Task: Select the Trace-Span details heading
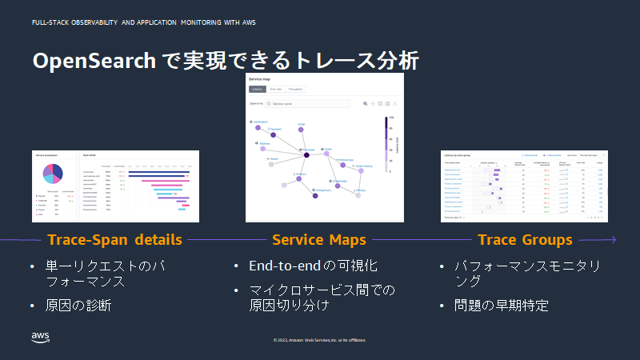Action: [x=114, y=239]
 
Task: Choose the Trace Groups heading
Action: [x=525, y=239]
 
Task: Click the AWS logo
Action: [x=41, y=336]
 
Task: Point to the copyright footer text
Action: [x=320, y=340]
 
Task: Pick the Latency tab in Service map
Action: [x=257, y=90]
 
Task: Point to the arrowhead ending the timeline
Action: [x=613, y=239]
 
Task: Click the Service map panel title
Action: [x=260, y=80]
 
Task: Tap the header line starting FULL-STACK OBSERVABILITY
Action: [x=144, y=22]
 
